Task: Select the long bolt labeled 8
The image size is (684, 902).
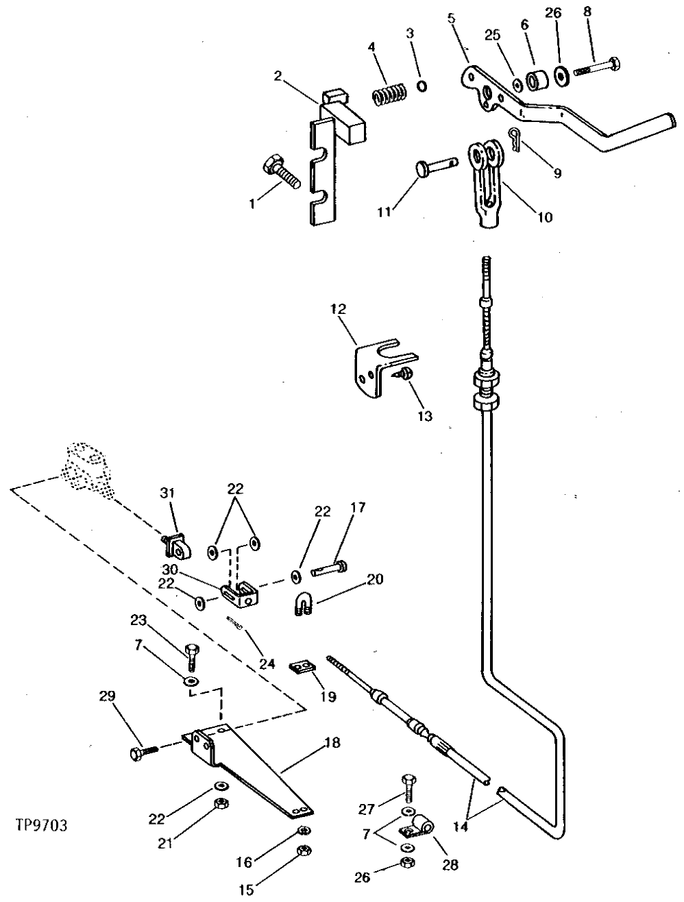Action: click(x=598, y=68)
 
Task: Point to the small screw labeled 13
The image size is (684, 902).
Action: click(x=404, y=374)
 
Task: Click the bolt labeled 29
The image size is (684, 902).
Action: click(x=143, y=753)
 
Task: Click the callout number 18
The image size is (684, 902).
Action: click(x=332, y=743)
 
